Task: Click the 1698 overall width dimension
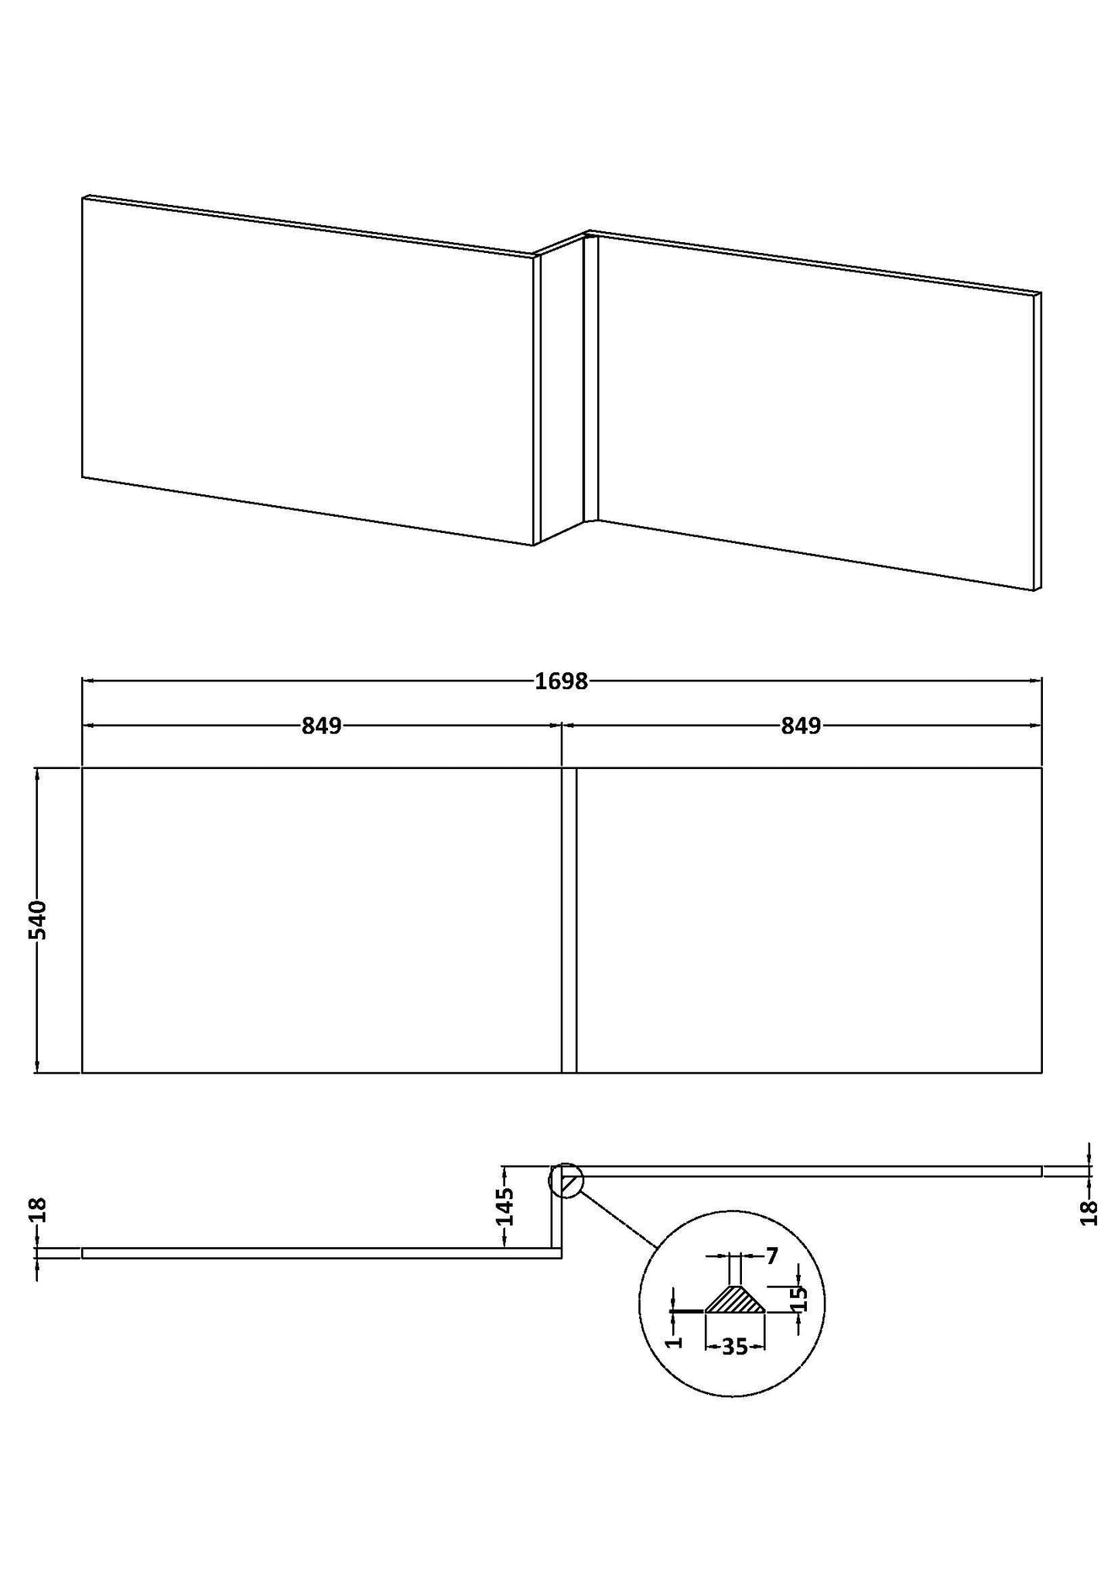pos(561,682)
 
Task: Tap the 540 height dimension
pos(39,920)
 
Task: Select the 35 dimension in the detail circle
pos(734,1347)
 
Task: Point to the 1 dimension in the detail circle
pos(675,1341)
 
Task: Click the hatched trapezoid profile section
pos(734,1300)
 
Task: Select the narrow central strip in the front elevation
pos(569,920)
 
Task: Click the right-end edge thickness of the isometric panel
pos(1038,441)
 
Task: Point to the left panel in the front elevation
pos(321,920)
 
